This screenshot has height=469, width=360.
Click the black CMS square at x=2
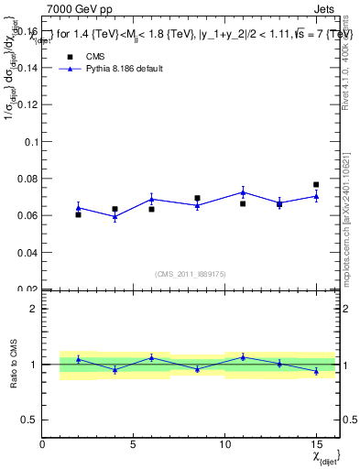pyautogui.click(x=78, y=214)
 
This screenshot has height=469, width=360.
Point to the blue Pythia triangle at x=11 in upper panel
pyautogui.click(x=243, y=191)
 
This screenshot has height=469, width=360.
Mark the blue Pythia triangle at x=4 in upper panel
pyautogui.click(x=115, y=216)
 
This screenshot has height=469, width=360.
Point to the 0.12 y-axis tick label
pyautogui.click(x=27, y=105)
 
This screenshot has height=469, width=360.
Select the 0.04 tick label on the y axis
pyautogui.click(x=27, y=252)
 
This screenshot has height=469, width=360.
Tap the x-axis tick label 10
pyautogui.click(x=225, y=444)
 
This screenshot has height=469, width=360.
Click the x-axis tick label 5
pyautogui.click(x=134, y=444)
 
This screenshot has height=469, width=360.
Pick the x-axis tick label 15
pyautogui.click(x=316, y=444)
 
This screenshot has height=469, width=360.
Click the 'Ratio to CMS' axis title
pyautogui.click(x=12, y=364)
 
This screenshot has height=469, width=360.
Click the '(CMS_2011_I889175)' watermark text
pyautogui.click(x=191, y=273)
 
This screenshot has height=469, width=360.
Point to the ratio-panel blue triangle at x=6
pyautogui.click(x=151, y=357)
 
